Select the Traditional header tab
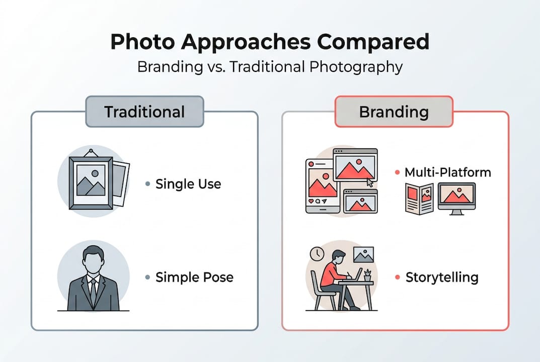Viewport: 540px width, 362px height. click(x=144, y=112)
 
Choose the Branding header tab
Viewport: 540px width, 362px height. click(x=394, y=112)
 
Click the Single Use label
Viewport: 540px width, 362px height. click(x=188, y=184)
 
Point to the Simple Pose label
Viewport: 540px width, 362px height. click(x=194, y=277)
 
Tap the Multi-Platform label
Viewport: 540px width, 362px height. click(x=448, y=173)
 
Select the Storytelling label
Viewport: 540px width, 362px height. click(x=442, y=277)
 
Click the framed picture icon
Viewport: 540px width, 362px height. click(x=90, y=180)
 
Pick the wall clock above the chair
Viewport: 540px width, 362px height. click(x=317, y=254)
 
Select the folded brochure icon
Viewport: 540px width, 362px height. click(x=419, y=199)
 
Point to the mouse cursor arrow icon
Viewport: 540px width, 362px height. click(x=370, y=182)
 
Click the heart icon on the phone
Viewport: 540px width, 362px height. click(x=312, y=201)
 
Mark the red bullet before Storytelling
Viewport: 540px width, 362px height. click(x=398, y=277)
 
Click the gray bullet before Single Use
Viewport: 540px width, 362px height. click(x=147, y=184)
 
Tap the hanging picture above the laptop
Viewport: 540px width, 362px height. click(x=363, y=255)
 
